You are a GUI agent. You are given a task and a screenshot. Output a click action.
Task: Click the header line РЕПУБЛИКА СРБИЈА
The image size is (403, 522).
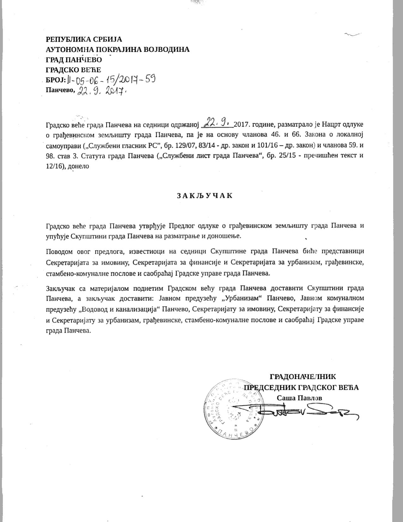tap(84, 40)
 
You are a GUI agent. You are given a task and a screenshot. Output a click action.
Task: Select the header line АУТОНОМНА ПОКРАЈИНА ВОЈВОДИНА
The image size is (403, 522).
tap(118, 49)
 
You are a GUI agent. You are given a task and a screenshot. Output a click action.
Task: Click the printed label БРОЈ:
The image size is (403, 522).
tap(56, 80)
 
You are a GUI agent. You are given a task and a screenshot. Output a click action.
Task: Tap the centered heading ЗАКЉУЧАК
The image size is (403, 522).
tap(205, 195)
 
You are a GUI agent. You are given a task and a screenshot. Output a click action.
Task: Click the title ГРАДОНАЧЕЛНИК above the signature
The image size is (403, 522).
tap(302, 377)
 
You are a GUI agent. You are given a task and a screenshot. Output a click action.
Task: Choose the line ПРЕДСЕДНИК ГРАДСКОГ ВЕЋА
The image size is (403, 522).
tap(302, 387)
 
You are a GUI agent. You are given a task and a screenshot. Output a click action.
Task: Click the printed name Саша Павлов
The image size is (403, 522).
tap(299, 398)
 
